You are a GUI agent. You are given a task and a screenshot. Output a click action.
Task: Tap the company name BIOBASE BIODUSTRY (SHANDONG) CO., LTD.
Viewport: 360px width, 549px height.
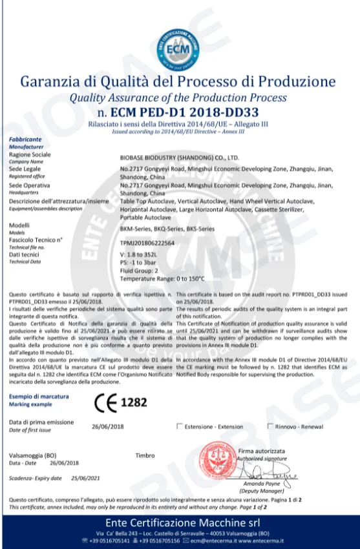coord(180,157)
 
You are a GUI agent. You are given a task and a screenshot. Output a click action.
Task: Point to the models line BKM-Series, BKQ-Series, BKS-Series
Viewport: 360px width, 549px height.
coord(165,229)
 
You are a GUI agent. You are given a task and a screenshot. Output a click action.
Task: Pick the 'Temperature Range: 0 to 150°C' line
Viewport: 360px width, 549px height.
coord(162,279)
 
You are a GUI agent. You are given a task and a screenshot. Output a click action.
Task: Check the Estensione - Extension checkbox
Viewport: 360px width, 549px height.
coord(179,426)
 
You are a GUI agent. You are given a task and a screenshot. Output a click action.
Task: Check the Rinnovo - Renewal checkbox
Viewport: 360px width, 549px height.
coord(270,426)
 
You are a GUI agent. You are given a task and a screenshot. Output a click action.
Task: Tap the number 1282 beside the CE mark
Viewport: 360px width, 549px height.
coord(136,402)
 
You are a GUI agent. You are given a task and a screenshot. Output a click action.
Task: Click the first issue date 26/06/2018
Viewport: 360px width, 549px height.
coord(107,427)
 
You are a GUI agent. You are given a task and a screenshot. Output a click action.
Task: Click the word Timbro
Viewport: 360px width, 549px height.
coord(145,455)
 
